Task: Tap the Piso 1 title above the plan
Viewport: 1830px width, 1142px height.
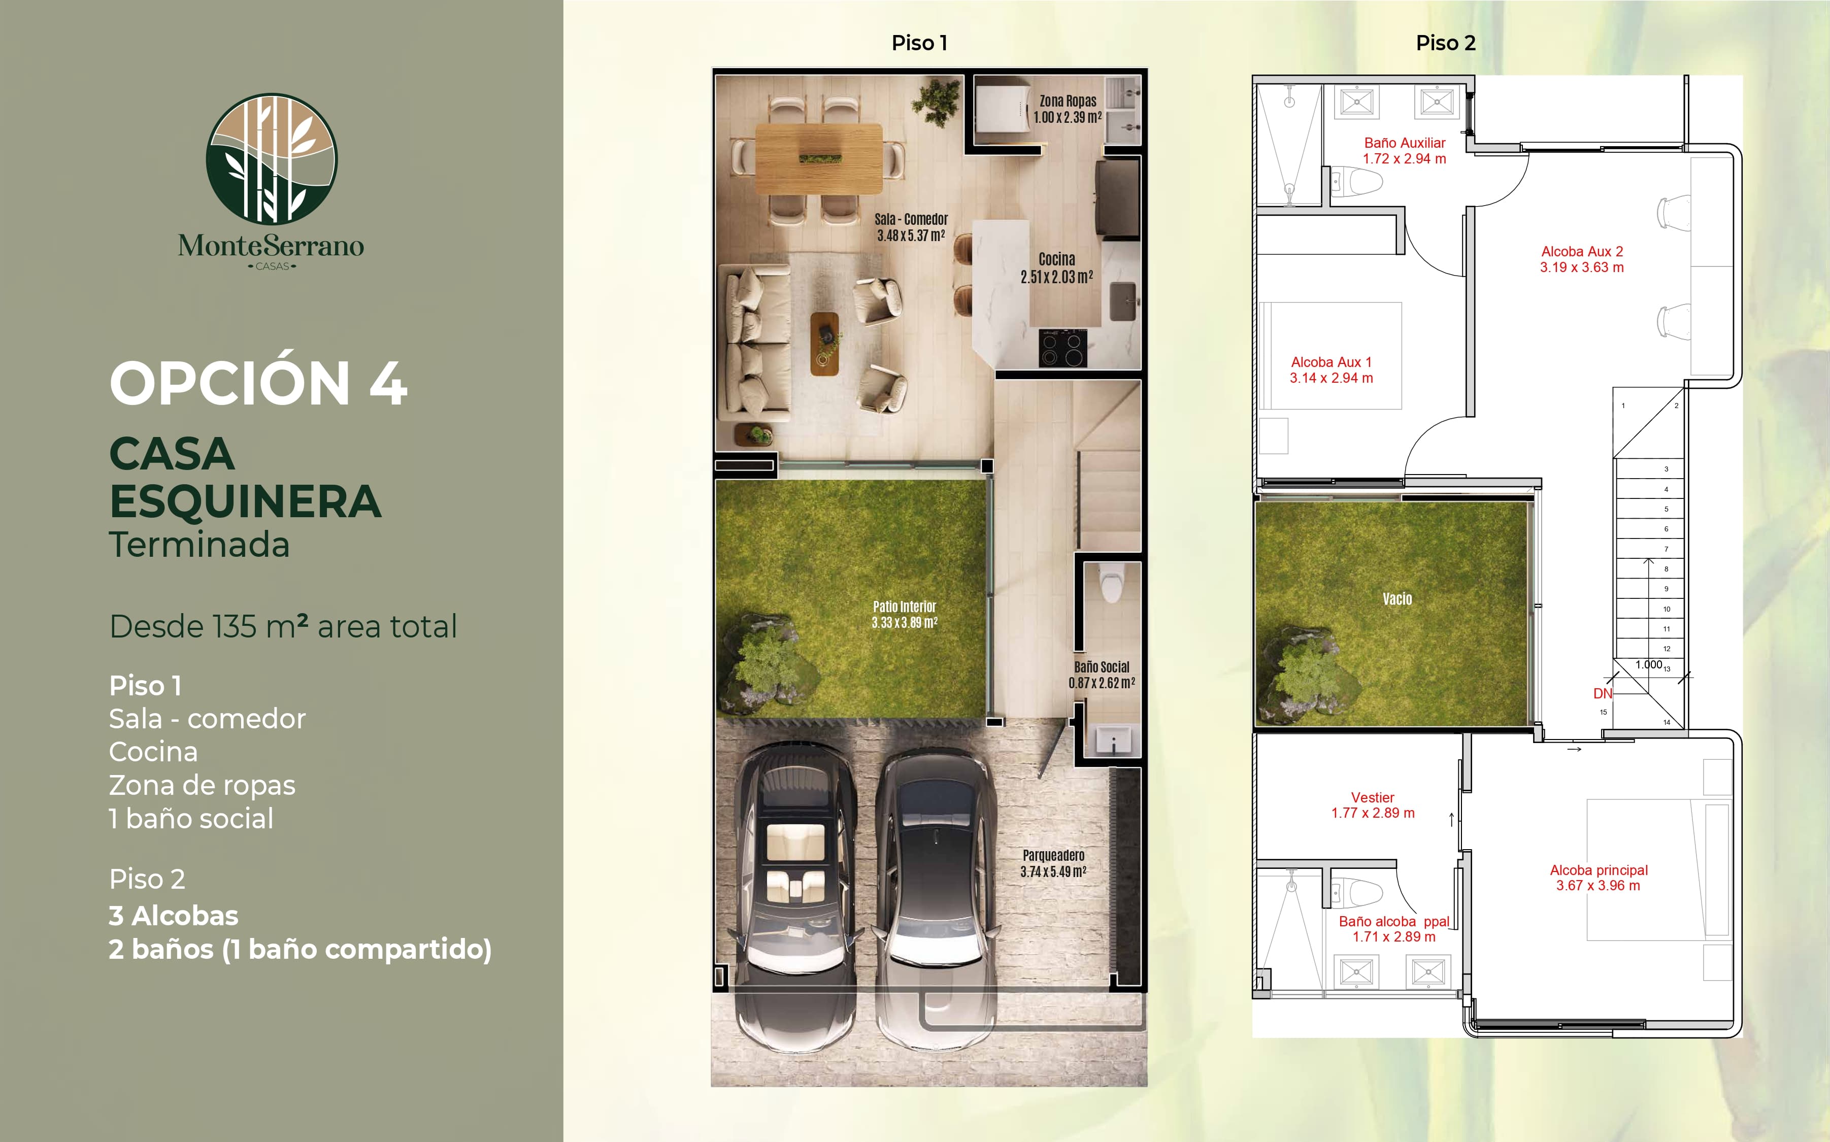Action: (919, 43)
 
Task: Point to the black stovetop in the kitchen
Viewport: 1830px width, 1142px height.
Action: (1062, 348)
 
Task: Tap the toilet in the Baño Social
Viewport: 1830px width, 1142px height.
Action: (1111, 584)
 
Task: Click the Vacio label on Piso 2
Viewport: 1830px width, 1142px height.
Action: (1397, 599)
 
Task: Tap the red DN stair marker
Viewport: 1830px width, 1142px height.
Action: (1603, 693)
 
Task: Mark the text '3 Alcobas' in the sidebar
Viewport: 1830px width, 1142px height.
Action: (174, 916)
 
